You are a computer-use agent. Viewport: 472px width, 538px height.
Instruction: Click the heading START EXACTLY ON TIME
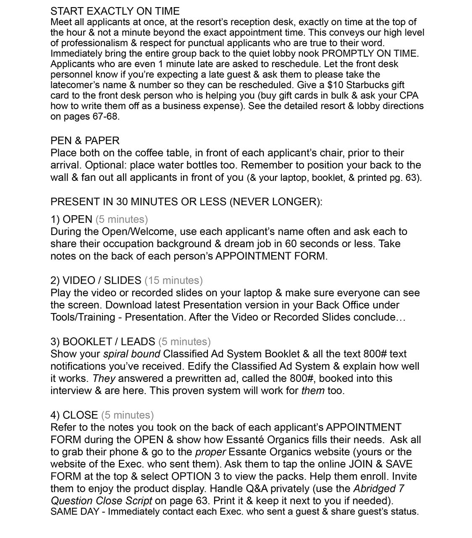(x=115, y=11)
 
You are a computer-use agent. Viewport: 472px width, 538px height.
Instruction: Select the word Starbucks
(x=368, y=85)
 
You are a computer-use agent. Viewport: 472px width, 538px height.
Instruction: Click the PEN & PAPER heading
(x=85, y=141)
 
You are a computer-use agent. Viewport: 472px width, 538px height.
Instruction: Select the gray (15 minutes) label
(x=173, y=280)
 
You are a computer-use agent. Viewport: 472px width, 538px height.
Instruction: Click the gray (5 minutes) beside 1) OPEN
(x=121, y=219)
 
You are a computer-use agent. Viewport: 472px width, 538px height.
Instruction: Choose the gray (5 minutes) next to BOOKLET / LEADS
(x=184, y=342)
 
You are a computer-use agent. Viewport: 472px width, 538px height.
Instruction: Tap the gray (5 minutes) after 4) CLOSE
(x=127, y=415)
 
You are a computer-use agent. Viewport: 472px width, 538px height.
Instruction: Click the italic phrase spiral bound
(x=131, y=354)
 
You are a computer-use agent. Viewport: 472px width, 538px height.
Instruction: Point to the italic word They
(x=104, y=379)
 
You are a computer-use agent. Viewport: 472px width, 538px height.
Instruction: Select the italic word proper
(x=211, y=452)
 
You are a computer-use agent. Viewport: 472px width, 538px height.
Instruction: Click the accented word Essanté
(x=244, y=440)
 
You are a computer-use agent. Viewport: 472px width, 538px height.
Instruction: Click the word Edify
(x=200, y=366)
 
